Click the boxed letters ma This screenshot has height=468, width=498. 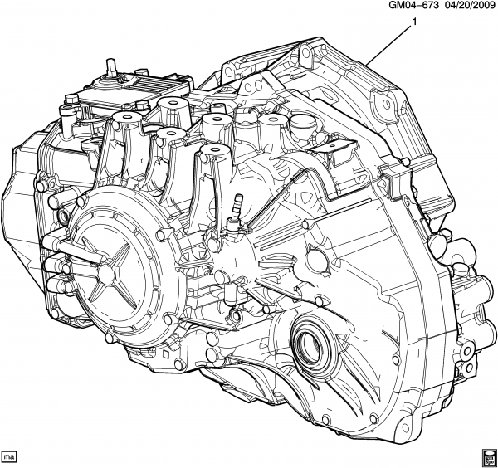pos(11,456)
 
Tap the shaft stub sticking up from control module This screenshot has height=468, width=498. pos(109,65)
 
